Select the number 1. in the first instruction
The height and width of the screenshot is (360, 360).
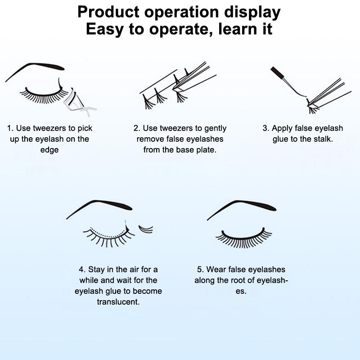pyautogui.click(x=10, y=128)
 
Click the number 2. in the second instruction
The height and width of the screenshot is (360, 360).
pyautogui.click(x=137, y=128)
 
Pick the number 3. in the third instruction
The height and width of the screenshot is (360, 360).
pyautogui.click(x=266, y=128)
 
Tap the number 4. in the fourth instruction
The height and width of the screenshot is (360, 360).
pyautogui.click(x=82, y=270)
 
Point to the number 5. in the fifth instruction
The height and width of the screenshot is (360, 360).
pyautogui.click(x=200, y=270)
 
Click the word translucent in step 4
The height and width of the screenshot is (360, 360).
pyautogui.click(x=118, y=301)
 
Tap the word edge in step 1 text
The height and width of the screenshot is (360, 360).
pyautogui.click(x=49, y=150)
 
